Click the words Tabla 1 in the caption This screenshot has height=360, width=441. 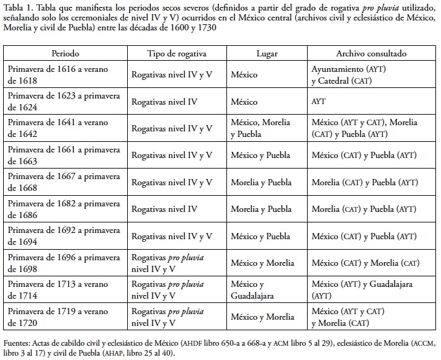[17, 7]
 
